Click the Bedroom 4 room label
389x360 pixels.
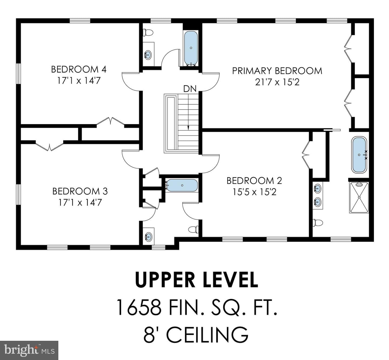click(x=79, y=70)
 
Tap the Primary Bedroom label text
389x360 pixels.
click(x=277, y=71)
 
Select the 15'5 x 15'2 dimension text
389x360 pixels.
click(x=254, y=192)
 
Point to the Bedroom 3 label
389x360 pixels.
click(x=80, y=191)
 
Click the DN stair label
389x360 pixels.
click(x=190, y=89)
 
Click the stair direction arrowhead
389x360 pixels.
click(x=188, y=128)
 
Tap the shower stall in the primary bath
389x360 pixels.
click(x=359, y=197)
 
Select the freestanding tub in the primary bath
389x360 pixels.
click(x=359, y=155)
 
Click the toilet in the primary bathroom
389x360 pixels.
click(x=317, y=223)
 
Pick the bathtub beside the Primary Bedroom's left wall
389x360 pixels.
click(x=191, y=48)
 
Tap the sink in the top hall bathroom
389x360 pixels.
click(x=148, y=55)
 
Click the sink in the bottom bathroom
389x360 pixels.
click(x=148, y=237)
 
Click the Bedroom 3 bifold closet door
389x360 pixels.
click(x=49, y=146)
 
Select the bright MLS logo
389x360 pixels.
click(x=29, y=350)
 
